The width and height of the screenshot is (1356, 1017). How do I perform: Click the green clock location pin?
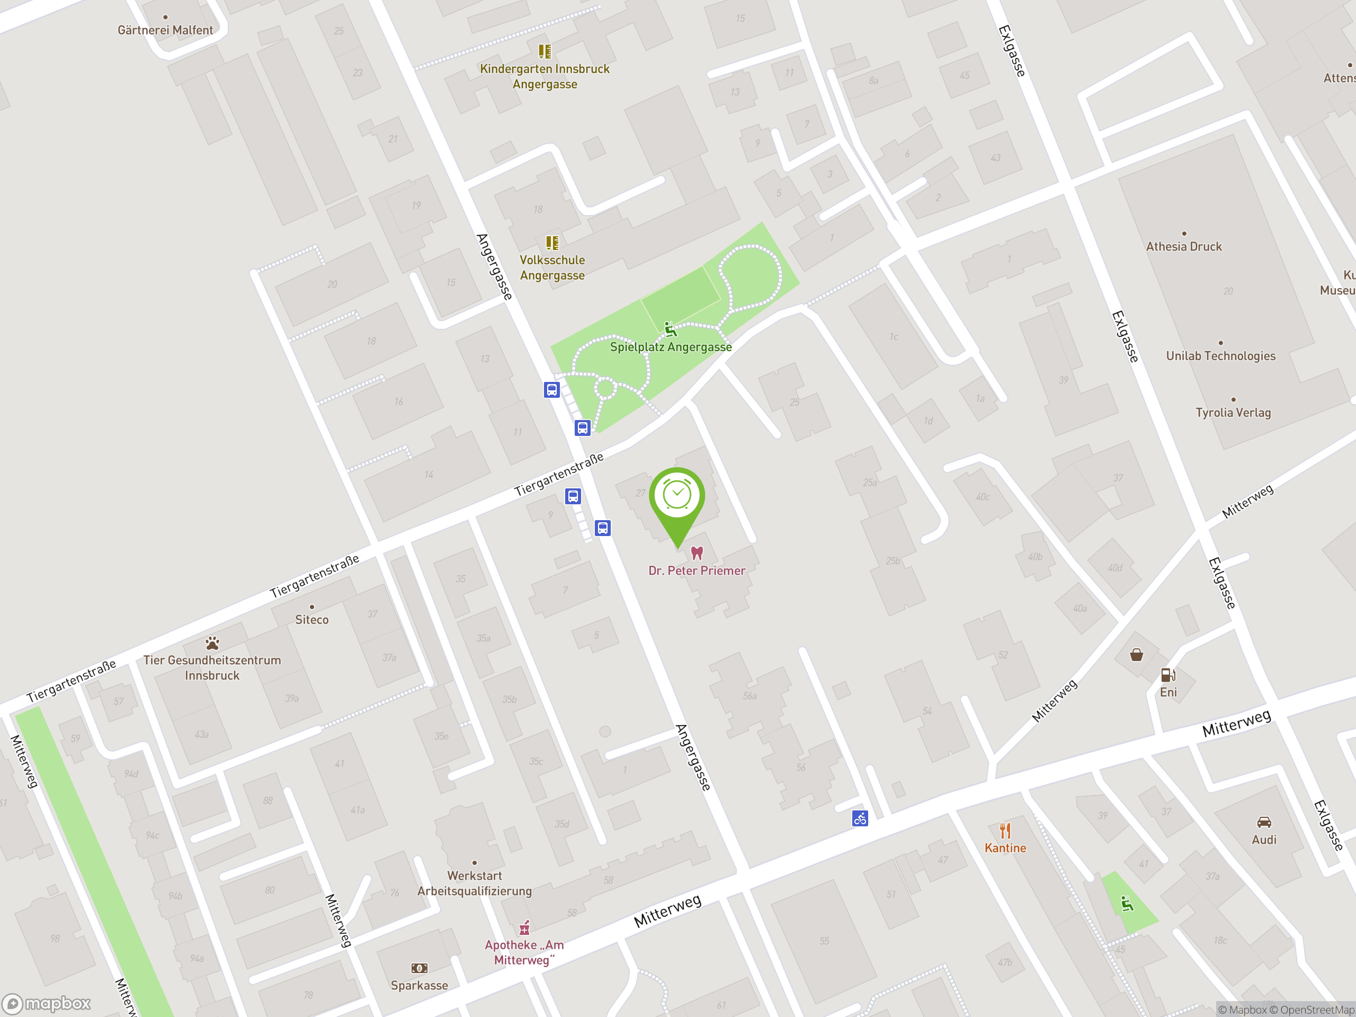pos(677,496)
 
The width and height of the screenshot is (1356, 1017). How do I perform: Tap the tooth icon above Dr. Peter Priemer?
pos(697,553)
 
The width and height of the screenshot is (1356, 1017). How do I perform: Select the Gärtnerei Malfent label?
pos(165,30)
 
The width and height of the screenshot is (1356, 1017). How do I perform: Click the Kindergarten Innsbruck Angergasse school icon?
pos(545,51)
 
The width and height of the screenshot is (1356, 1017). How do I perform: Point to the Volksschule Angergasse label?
pos(552,267)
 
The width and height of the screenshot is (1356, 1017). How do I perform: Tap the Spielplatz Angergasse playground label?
pos(671,346)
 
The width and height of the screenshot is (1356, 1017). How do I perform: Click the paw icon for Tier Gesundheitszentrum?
pos(212,643)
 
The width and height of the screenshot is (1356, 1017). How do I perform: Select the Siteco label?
pos(311,619)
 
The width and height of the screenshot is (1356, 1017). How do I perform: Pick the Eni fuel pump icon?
pos(1168,675)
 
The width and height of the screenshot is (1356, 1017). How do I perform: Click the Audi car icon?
pos(1263,822)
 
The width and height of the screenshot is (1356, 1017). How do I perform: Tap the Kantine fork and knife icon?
pos(1005,831)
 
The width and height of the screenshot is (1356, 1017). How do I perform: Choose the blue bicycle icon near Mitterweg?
pos(860,818)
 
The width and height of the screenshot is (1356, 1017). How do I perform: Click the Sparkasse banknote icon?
pos(420,968)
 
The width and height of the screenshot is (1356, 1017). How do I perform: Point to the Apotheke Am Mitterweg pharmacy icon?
pos(524,927)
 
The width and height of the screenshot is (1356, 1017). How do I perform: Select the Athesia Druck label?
pos(1184,246)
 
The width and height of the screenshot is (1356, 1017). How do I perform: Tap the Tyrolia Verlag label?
pos(1233,412)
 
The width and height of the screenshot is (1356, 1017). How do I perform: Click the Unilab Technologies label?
pos(1220,355)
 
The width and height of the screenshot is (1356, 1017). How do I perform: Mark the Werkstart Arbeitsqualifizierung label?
pos(475,883)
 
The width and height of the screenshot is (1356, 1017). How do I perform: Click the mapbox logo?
pos(47,1004)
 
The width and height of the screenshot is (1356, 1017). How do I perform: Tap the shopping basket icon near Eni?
pos(1136,655)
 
